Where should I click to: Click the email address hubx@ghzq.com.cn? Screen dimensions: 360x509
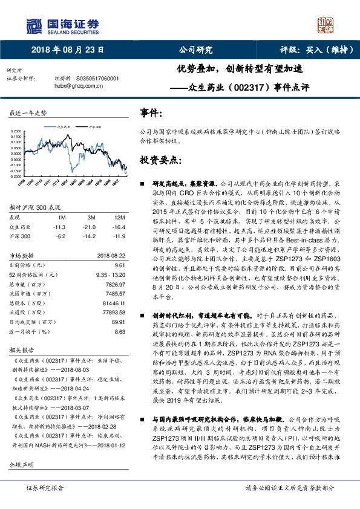coord(80,86)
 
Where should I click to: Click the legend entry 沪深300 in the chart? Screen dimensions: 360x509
coord(95,128)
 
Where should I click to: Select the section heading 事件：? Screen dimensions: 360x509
coord(151,113)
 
